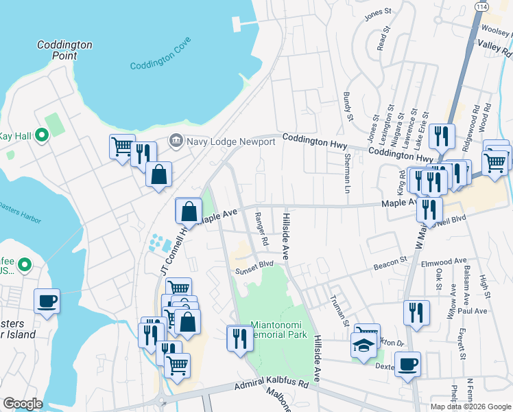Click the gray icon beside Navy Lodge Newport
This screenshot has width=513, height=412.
176,141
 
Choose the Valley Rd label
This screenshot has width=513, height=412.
495,47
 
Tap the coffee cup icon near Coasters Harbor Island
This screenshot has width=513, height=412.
47,301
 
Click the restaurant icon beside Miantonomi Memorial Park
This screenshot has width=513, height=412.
239,339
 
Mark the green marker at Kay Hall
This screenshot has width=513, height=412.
41,136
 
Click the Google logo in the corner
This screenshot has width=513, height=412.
23,404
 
